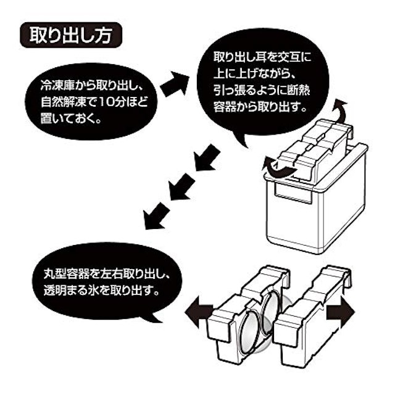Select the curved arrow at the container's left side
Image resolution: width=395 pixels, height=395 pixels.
[275, 166]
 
